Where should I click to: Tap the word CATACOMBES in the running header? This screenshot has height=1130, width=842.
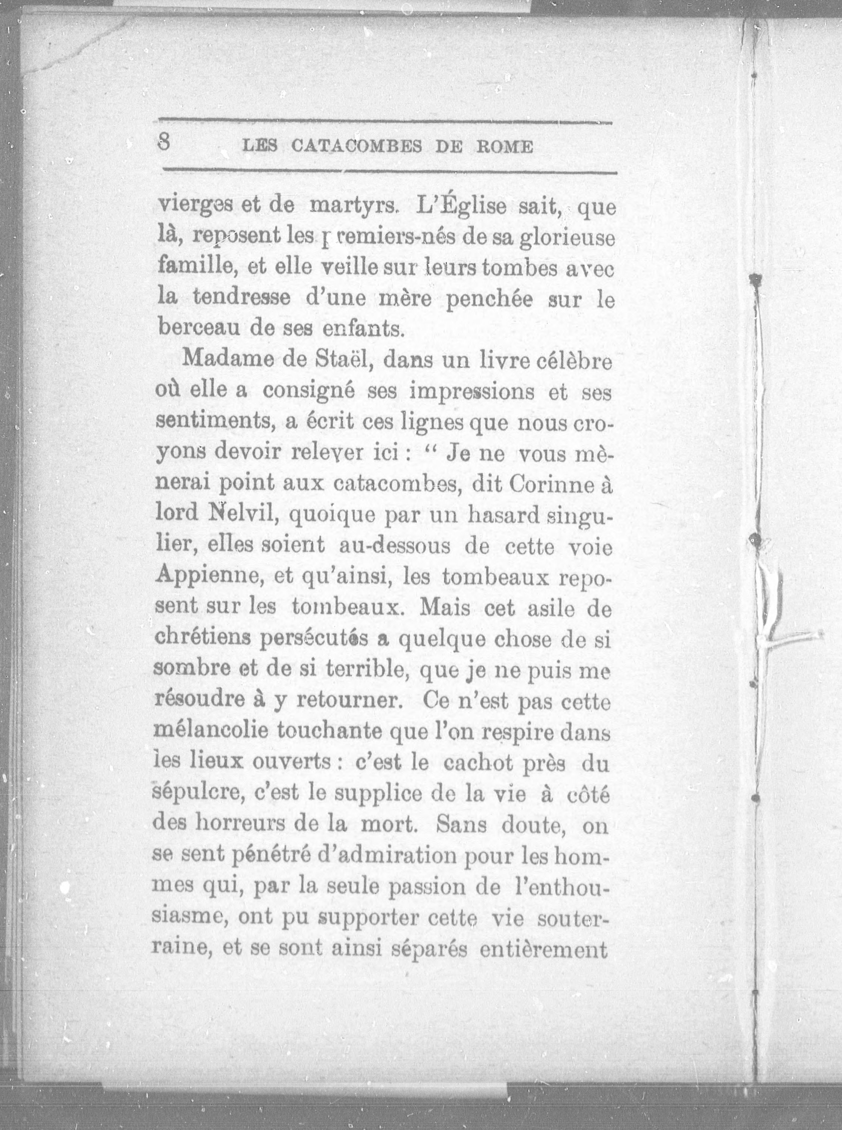356,147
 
